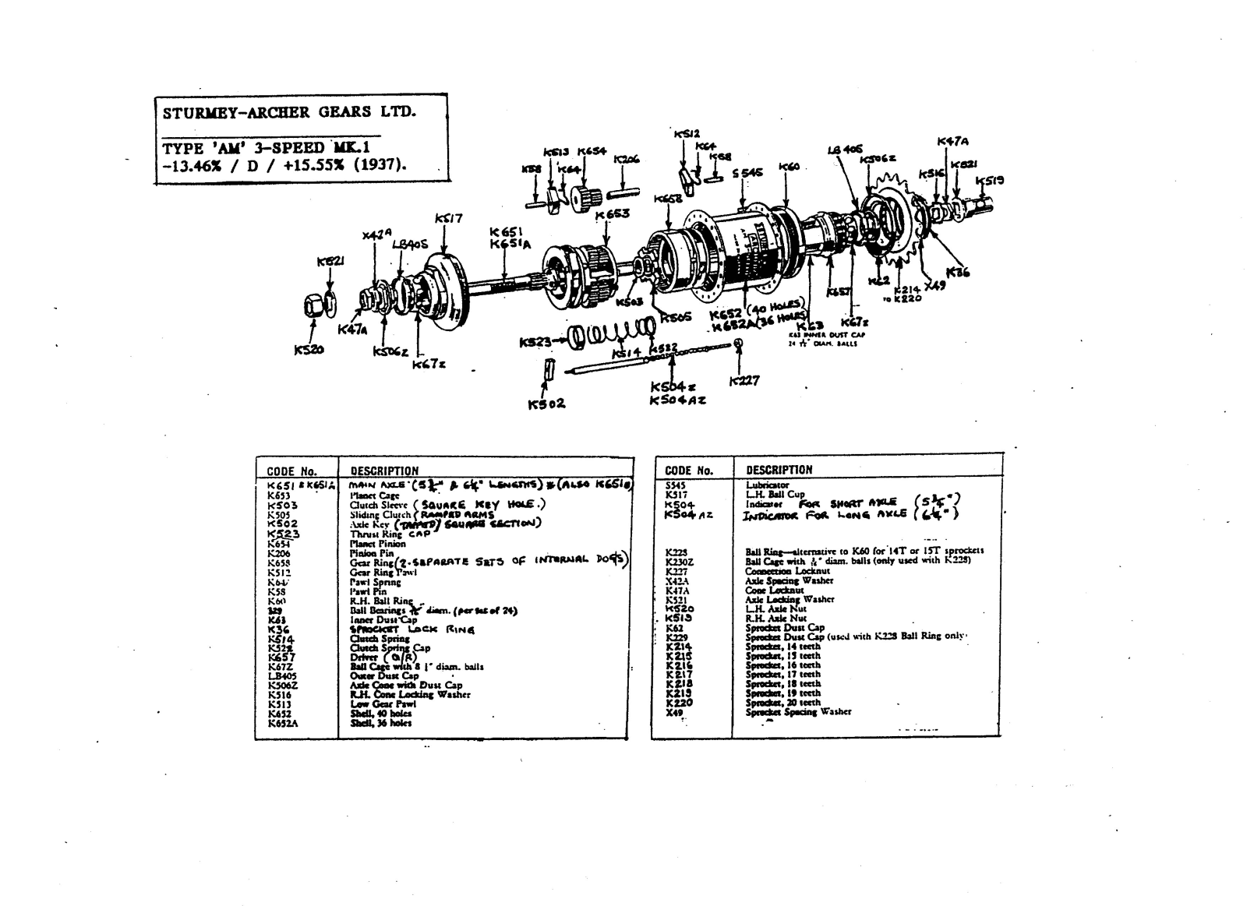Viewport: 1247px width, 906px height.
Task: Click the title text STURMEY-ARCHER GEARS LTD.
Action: [x=289, y=111]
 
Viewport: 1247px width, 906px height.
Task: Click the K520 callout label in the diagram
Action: [x=309, y=351]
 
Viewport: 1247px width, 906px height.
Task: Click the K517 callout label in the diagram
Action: [x=449, y=219]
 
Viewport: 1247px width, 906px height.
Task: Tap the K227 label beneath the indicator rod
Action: [x=744, y=381]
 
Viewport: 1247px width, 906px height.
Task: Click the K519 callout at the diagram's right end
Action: [x=990, y=181]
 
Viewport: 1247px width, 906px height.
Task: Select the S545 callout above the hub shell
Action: [x=747, y=173]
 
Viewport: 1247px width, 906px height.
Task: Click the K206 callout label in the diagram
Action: [x=626, y=160]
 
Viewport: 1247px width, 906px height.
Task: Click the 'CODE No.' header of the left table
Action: [x=291, y=471]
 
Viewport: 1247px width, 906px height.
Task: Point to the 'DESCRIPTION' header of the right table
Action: [x=779, y=470]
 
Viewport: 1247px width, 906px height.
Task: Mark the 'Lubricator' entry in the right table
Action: [x=767, y=485]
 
